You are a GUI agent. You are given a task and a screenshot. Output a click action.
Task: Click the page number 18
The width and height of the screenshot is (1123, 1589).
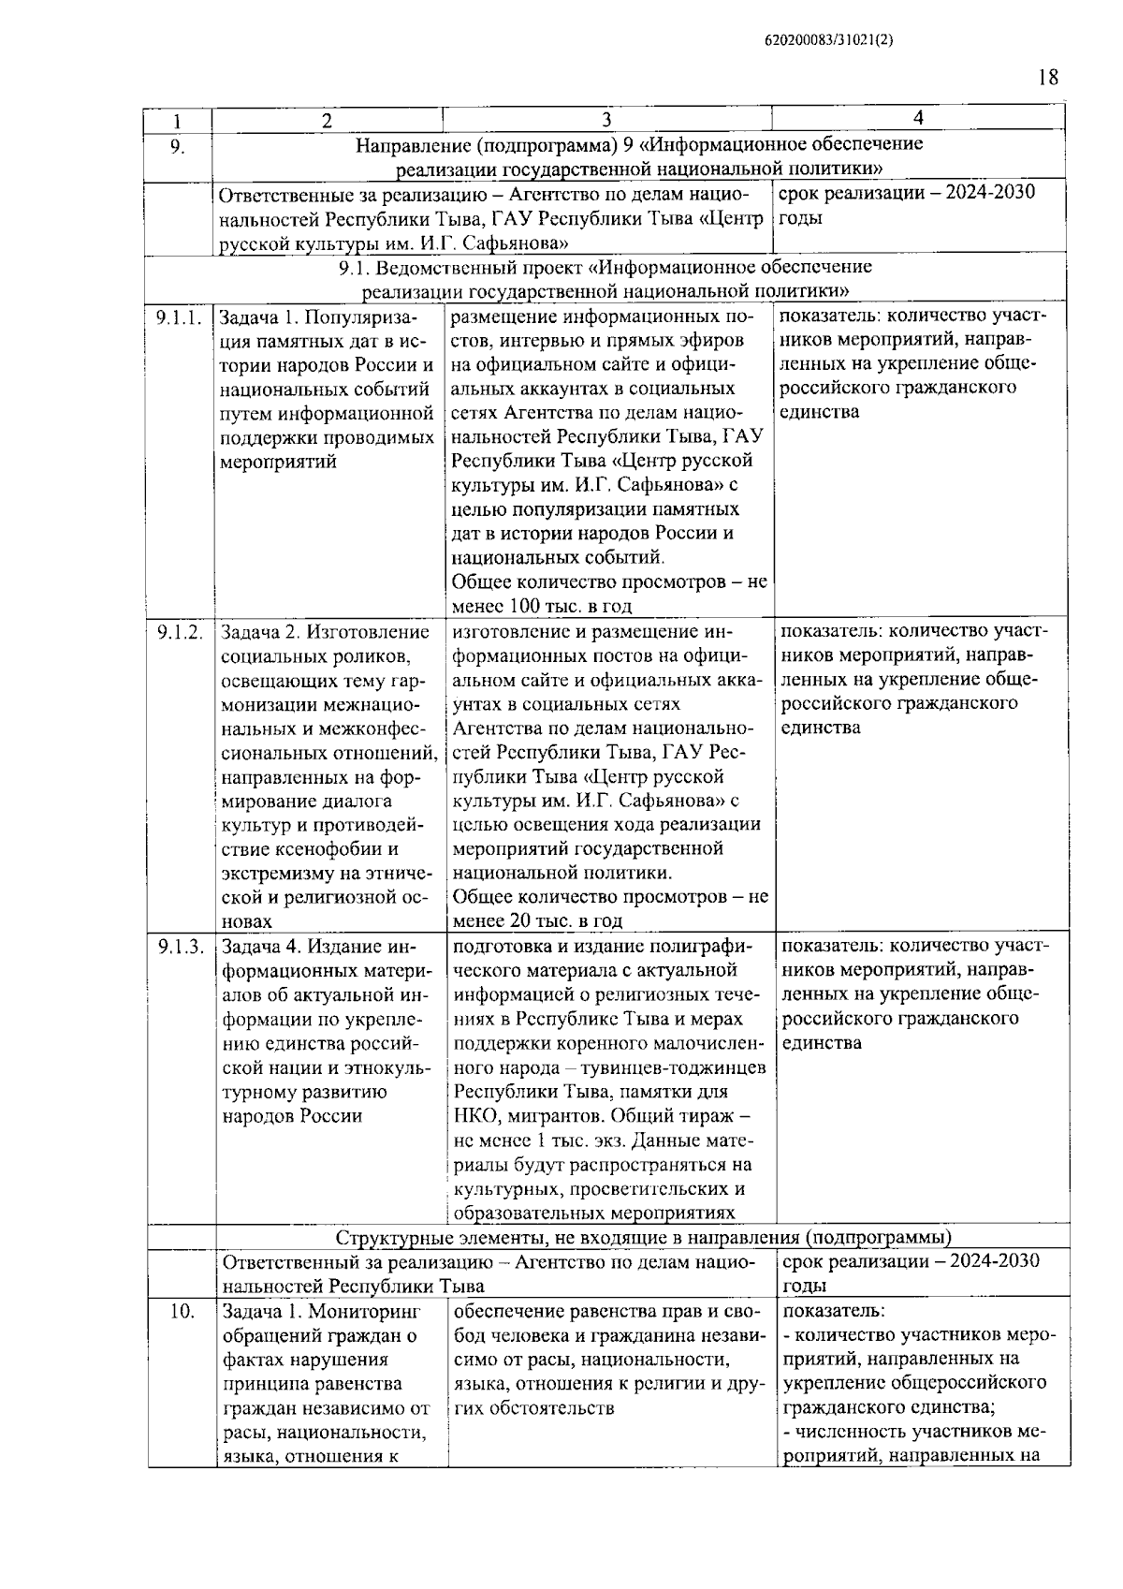[x=1048, y=78]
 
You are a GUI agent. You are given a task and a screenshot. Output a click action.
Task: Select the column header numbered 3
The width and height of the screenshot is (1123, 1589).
[x=606, y=119]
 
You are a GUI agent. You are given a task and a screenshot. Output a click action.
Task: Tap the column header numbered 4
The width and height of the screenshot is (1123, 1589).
[x=918, y=117]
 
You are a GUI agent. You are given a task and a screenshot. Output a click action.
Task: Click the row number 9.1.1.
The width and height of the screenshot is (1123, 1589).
[x=179, y=317]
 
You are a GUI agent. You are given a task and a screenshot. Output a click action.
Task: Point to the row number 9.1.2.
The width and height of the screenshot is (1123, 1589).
[x=180, y=633]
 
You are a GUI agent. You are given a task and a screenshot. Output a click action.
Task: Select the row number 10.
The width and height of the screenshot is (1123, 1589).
[x=182, y=1312]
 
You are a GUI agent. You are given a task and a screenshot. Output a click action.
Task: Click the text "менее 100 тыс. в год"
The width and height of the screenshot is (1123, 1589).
[x=542, y=606]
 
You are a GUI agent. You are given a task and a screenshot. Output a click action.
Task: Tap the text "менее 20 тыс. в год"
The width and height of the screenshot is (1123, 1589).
[x=537, y=920]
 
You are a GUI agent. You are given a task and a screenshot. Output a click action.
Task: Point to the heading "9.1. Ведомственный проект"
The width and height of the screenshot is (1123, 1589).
[x=605, y=268]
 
